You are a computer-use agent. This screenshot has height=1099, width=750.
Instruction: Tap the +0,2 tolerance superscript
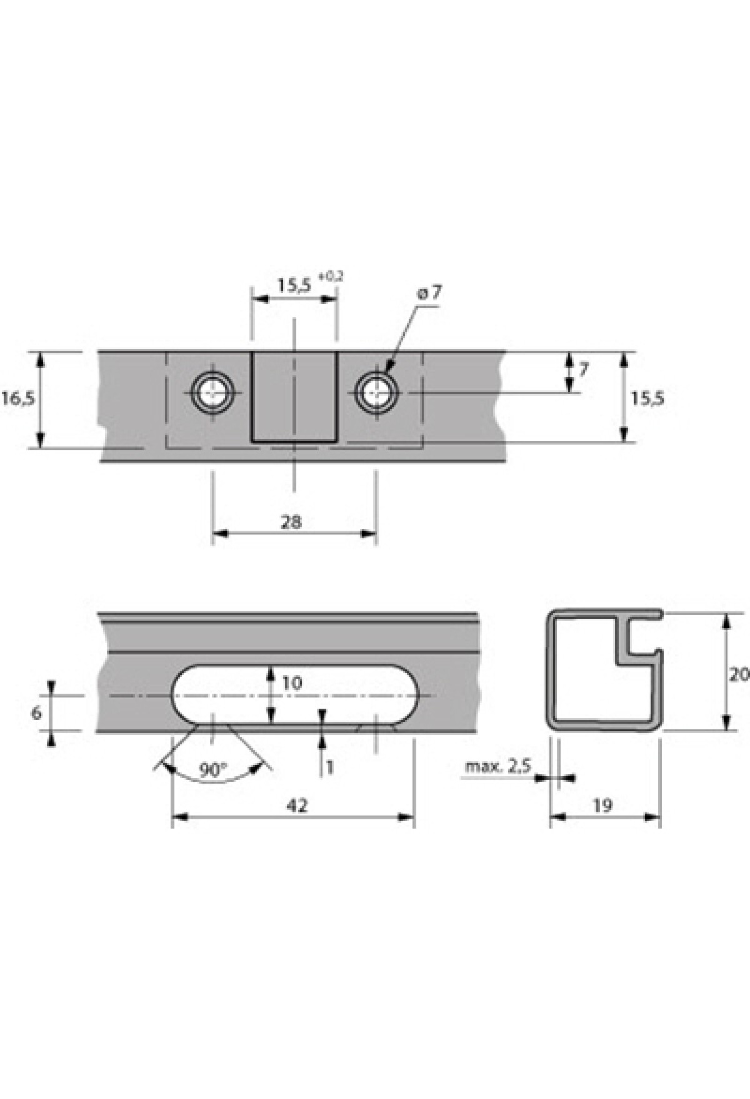[331, 277]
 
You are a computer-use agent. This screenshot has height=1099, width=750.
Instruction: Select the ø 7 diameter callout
[429, 292]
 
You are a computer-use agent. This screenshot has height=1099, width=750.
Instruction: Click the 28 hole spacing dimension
[291, 521]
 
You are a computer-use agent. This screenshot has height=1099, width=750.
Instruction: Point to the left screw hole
[213, 393]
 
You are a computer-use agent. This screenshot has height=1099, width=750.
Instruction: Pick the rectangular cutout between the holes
[294, 397]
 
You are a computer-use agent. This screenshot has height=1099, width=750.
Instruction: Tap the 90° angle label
[212, 770]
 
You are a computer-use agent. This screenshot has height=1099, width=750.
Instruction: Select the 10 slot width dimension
[291, 683]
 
